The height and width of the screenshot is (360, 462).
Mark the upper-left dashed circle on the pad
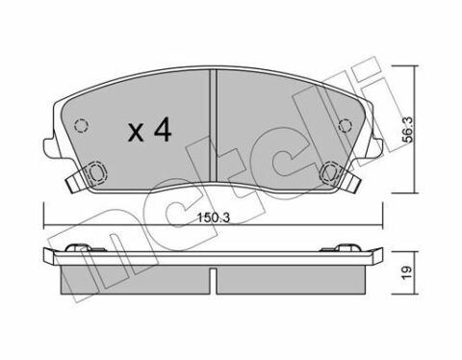(x=82, y=124)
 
